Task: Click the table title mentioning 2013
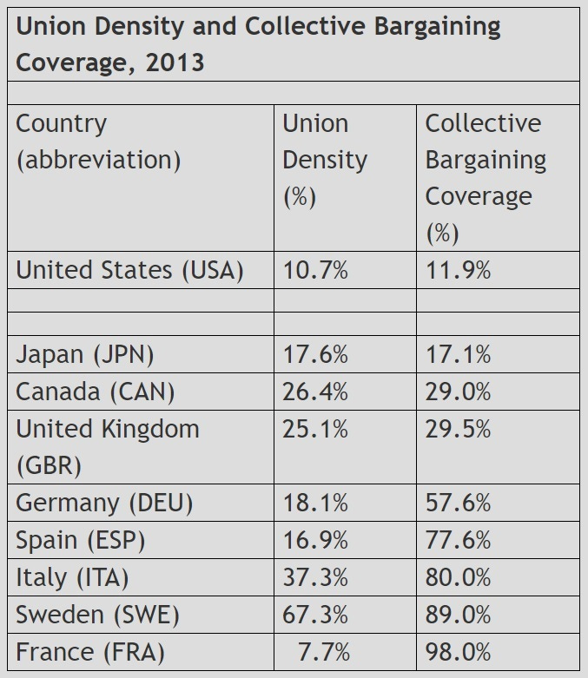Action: pyautogui.click(x=258, y=44)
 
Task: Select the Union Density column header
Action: pyautogui.click(x=324, y=160)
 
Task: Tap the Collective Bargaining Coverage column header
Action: pyautogui.click(x=485, y=178)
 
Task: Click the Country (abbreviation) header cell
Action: pyautogui.click(x=98, y=142)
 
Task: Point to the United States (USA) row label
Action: pyautogui.click(x=129, y=270)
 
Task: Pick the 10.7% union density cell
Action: pyautogui.click(x=315, y=270)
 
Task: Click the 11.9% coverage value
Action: pyautogui.click(x=458, y=270)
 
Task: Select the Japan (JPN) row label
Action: pyautogui.click(x=85, y=354)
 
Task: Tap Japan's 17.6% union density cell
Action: pyautogui.click(x=315, y=354)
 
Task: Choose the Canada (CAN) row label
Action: pyautogui.click(x=96, y=392)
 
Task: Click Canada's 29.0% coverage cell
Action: pyautogui.click(x=458, y=392)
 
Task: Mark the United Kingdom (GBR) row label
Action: pyautogui.click(x=107, y=446)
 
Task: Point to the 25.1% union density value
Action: pyautogui.click(x=315, y=429)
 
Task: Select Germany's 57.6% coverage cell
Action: pyautogui.click(x=458, y=503)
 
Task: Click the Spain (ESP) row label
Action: pyautogui.click(x=81, y=540)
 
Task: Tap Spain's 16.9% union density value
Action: pyautogui.click(x=315, y=540)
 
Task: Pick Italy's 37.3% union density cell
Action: pyautogui.click(x=315, y=577)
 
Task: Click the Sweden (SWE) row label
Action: pyautogui.click(x=97, y=615)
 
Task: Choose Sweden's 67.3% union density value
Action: pyautogui.click(x=315, y=615)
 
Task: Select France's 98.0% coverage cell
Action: pyautogui.click(x=458, y=652)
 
